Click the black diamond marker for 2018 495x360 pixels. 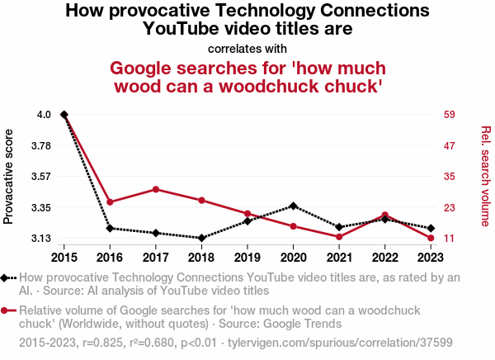(x=201, y=238)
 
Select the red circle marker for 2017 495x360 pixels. (x=156, y=189)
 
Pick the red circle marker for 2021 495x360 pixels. (x=339, y=237)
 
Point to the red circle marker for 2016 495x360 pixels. (x=110, y=201)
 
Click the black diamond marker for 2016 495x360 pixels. (x=110, y=228)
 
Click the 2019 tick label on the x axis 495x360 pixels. (x=247, y=257)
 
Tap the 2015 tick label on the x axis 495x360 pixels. (x=64, y=257)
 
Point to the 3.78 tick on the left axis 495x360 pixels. (x=39, y=145)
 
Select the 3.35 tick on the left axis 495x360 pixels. (x=39, y=207)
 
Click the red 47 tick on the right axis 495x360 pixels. (x=450, y=145)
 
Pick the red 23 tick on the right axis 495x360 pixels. (x=450, y=207)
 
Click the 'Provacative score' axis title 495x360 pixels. (x=9, y=176)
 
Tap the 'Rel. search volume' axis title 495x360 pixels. (x=485, y=176)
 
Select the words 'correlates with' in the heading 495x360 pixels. (x=247, y=48)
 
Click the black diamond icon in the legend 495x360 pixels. (x=7, y=278)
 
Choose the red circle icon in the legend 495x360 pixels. (x=7, y=310)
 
